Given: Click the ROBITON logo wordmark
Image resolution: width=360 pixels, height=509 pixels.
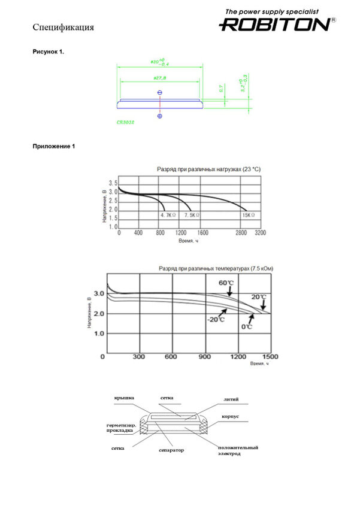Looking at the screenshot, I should pyautogui.click(x=274, y=25).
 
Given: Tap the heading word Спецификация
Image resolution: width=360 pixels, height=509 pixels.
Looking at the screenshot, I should pyautogui.click(x=63, y=28).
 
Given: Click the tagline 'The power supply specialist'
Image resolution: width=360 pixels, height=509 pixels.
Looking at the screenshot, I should pyautogui.click(x=271, y=11).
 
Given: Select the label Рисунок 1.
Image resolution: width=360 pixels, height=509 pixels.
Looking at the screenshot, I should pyautogui.click(x=49, y=52).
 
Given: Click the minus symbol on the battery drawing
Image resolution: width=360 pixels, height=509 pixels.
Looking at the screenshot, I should pyautogui.click(x=159, y=92).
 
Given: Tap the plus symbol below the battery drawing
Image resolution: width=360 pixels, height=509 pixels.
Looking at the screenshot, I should pyautogui.click(x=159, y=116).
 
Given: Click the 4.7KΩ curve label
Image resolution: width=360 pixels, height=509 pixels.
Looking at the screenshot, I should pyautogui.click(x=168, y=214).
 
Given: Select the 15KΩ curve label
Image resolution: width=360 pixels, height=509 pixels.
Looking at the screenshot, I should pyautogui.click(x=249, y=214).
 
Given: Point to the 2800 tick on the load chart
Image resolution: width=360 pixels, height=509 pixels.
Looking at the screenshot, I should pyautogui.click(x=241, y=232).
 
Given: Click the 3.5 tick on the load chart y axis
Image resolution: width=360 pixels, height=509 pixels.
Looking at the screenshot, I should pyautogui.click(x=113, y=182).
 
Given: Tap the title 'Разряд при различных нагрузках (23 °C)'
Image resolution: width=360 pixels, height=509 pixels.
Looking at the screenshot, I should pyautogui.click(x=208, y=170).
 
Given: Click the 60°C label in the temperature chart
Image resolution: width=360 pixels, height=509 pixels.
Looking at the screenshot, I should pyautogui.click(x=226, y=283).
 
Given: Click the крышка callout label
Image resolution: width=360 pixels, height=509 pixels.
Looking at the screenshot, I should pyautogui.click(x=125, y=398).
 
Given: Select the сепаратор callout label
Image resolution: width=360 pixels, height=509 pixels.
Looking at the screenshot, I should pyautogui.click(x=172, y=450).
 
